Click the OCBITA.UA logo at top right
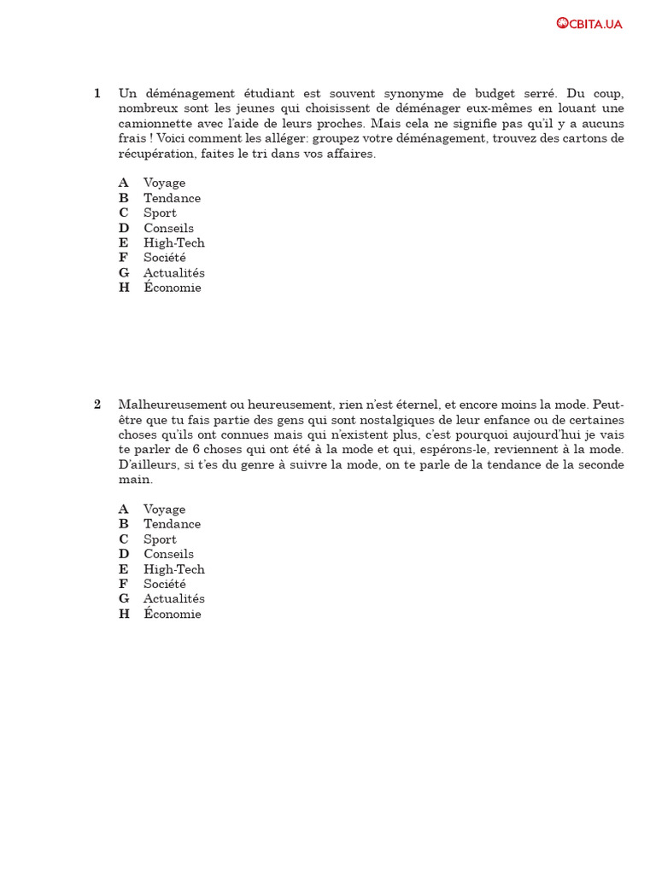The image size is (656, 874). click(589, 23)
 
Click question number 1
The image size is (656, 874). click(97, 93)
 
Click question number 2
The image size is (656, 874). click(97, 404)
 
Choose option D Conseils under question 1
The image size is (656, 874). click(168, 228)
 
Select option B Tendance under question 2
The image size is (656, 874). click(172, 524)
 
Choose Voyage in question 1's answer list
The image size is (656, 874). click(164, 183)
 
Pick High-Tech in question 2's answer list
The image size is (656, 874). click(174, 569)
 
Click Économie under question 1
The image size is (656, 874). click(173, 288)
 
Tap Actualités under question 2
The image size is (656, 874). click(174, 598)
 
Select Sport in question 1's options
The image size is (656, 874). click(160, 213)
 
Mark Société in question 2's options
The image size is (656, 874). click(165, 584)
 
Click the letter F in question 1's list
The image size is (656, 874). click(123, 258)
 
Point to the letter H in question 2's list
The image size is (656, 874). click(124, 614)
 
